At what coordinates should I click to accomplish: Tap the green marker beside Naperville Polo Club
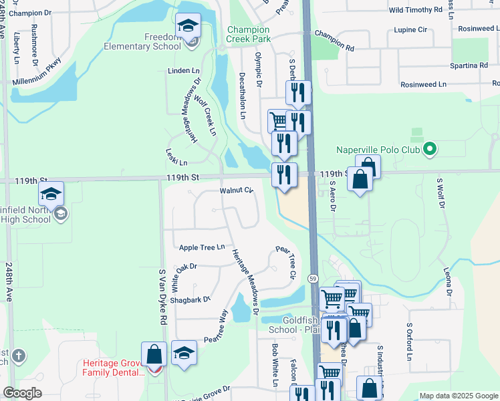click(430, 150)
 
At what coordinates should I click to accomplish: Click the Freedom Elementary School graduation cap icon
click(189, 26)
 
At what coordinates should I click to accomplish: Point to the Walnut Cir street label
click(237, 191)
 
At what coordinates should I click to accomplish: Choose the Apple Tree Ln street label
click(201, 248)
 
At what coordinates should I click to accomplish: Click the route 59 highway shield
click(312, 277)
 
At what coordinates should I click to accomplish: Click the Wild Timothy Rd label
click(416, 10)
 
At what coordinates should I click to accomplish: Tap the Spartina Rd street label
click(468, 65)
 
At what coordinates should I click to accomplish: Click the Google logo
click(22, 392)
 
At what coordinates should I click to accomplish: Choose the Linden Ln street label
click(184, 70)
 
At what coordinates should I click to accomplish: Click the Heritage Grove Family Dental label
click(114, 368)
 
